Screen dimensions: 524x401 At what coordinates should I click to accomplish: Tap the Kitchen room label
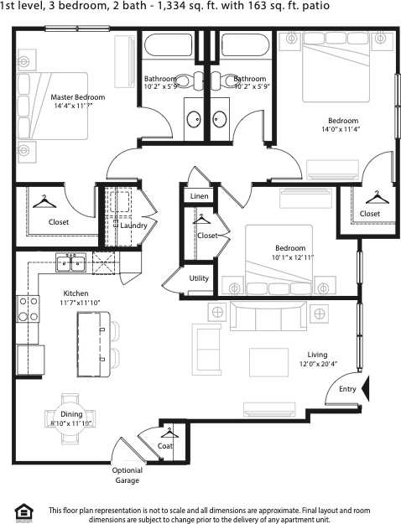click(76, 293)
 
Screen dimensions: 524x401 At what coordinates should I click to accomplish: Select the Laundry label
click(133, 226)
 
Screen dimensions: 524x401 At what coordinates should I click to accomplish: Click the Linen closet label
click(199, 196)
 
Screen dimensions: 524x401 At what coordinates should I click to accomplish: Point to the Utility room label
click(199, 278)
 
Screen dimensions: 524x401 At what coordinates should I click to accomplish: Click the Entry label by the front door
click(347, 389)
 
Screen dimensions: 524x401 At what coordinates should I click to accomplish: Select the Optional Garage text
click(128, 475)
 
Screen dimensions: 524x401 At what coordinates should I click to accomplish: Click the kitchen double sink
click(70, 264)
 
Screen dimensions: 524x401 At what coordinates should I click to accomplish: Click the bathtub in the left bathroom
click(166, 46)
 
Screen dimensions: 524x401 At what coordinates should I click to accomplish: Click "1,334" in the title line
click(180, 6)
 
